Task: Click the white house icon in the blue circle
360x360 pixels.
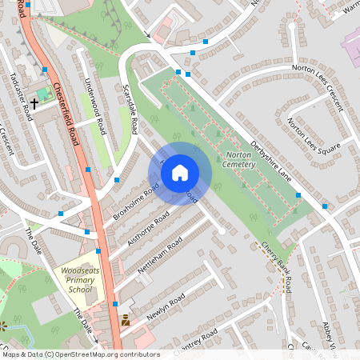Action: coord(180,173)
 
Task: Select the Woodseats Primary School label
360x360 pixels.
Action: coord(78,281)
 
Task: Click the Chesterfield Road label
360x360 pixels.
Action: coord(68,112)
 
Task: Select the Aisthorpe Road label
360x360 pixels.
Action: coord(146,229)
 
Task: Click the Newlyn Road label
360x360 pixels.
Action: coord(166,303)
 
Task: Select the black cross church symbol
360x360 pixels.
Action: coord(35,103)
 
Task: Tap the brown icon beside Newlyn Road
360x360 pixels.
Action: coord(125,322)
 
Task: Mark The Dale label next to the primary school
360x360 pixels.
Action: coord(82,321)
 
